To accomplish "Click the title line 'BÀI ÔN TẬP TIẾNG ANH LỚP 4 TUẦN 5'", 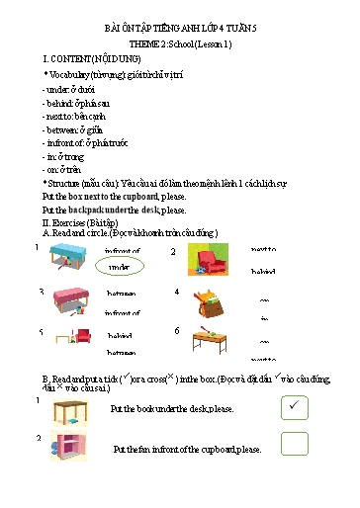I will [181, 31].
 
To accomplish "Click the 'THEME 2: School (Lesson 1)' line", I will [181, 46].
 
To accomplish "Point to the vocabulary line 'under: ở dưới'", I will [68, 88].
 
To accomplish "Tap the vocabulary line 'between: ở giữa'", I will [74, 129].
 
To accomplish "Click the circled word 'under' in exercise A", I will [119, 267].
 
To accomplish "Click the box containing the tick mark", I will [295, 406].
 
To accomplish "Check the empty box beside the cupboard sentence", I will [295, 444].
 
